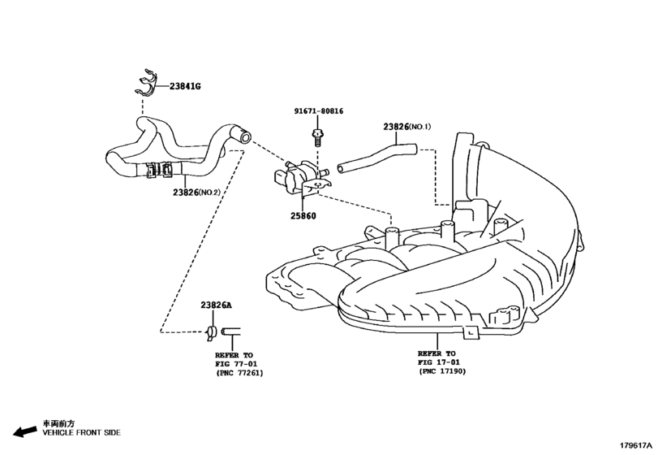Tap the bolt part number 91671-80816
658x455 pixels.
tap(319, 111)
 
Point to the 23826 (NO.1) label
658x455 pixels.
tap(408, 127)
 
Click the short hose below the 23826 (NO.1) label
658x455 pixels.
tap(376, 157)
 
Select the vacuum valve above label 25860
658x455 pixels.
tap(301, 175)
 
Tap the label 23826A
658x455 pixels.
tap(217, 305)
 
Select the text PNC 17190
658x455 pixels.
tap(442, 371)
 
